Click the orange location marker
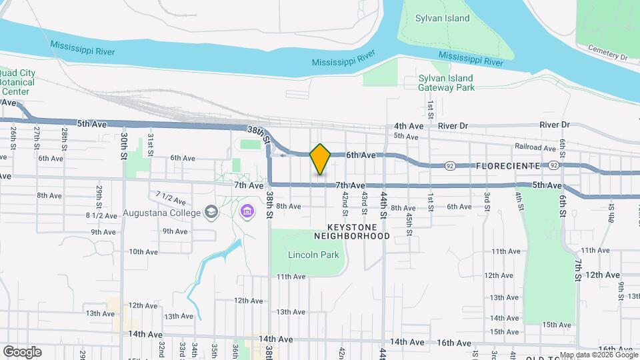coord(321,159)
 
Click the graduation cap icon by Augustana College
coord(211,213)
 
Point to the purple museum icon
coord(247,211)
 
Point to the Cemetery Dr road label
coord(608,53)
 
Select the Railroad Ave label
coord(535,147)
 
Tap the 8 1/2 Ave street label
coord(101,215)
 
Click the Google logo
coord(22,351)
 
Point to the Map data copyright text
coord(598,355)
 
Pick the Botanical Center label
coord(13,82)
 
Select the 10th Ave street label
coord(143,252)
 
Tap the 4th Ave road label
coord(408,125)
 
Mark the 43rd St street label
coord(364,199)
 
